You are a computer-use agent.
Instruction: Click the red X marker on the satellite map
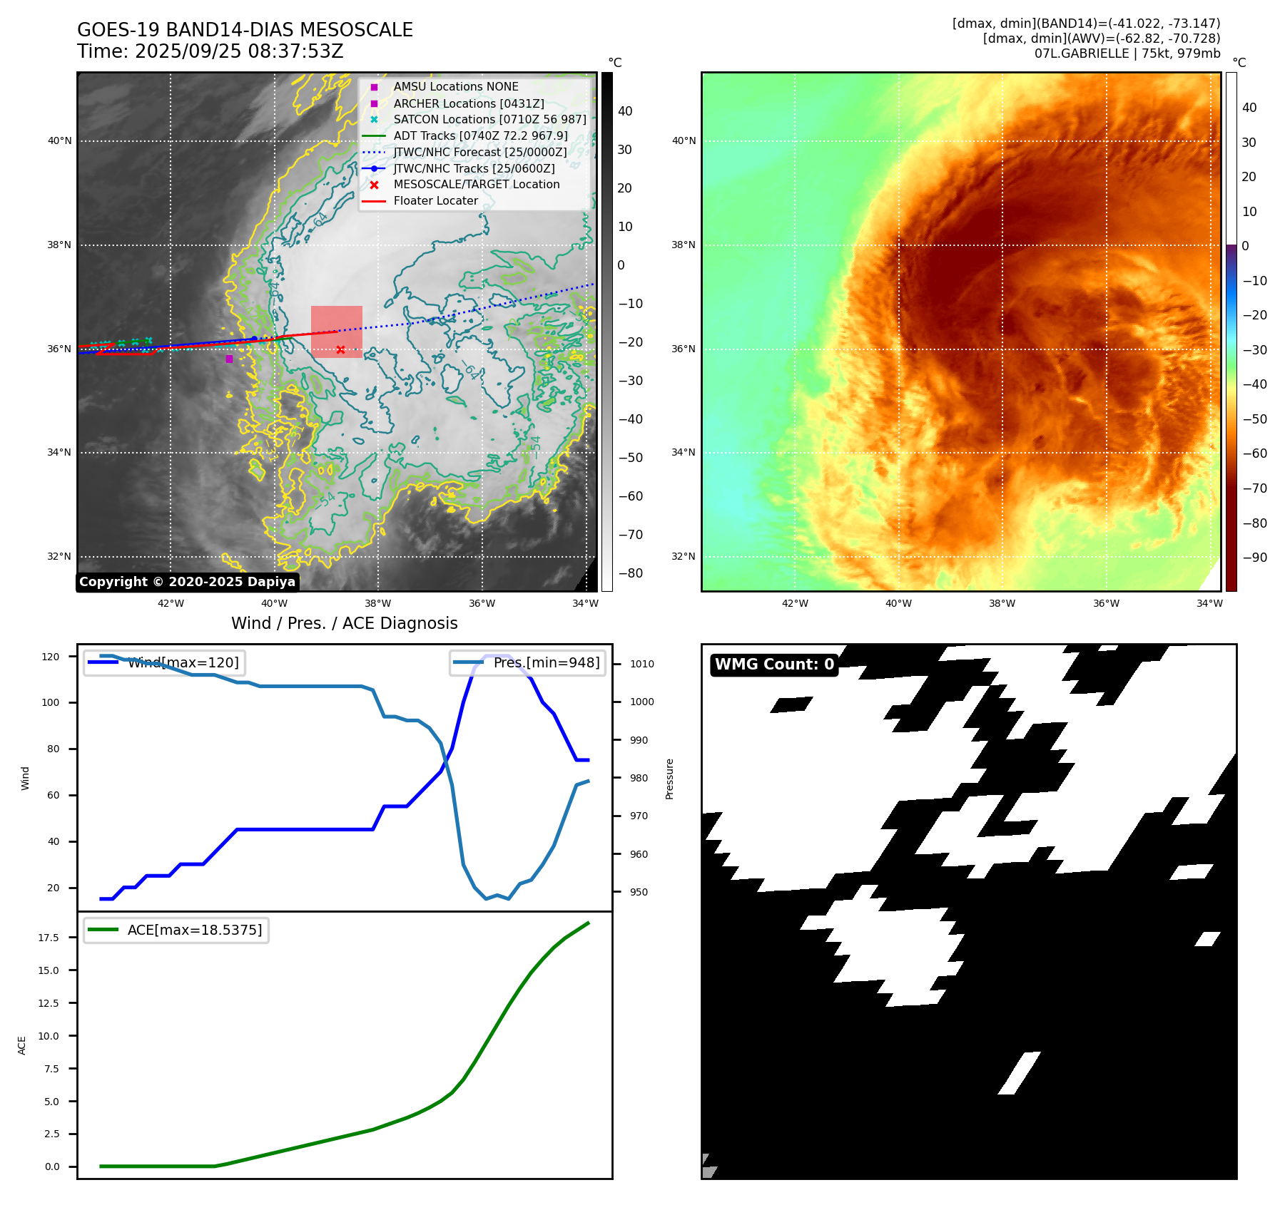pos(340,349)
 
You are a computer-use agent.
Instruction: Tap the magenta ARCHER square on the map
pos(229,359)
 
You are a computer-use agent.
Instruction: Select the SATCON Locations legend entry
pos(489,120)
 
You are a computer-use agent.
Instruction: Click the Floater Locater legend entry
pos(435,201)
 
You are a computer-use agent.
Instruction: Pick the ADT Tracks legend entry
pos(480,136)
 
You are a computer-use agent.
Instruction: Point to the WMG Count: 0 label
pos(774,665)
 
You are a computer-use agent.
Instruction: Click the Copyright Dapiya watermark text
pos(187,582)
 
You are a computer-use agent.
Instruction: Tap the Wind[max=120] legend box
pos(163,663)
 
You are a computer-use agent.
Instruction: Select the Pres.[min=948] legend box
pos(527,663)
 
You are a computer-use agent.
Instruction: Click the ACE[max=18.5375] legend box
pos(176,930)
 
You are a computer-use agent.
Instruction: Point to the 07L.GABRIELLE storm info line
pos(1127,53)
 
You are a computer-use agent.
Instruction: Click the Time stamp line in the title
pos(210,51)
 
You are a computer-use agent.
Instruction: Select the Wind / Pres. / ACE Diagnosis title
pos(344,623)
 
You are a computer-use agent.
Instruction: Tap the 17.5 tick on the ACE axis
pos(49,938)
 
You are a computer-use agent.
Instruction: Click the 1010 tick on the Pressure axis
pos(642,664)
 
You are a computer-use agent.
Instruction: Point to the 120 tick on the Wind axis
pos(51,657)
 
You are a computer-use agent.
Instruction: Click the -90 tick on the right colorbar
pos(1254,558)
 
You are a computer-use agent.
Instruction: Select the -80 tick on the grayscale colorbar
pos(630,573)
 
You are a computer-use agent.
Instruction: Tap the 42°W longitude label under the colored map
pos(795,603)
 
